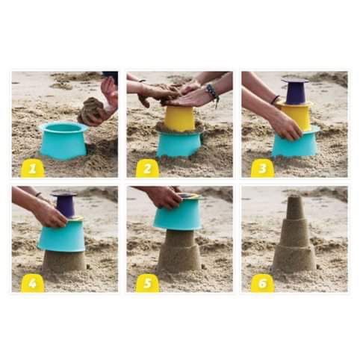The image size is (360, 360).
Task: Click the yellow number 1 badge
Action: point(33,168)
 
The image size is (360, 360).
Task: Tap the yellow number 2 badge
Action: point(147,168)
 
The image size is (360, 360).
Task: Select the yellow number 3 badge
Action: point(262,168)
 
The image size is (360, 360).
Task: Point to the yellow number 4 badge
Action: point(33,283)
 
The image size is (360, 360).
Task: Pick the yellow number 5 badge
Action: point(147,283)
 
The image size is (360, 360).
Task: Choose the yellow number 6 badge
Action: point(262,283)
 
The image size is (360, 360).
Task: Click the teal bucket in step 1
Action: point(63,140)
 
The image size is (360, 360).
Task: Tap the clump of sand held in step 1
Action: point(91,111)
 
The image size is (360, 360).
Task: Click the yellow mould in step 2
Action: point(179,118)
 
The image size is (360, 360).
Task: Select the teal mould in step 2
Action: point(179,144)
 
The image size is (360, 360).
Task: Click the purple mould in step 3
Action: point(295,91)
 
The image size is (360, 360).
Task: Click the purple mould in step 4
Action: point(65,205)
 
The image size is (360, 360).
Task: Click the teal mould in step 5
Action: point(177,215)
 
